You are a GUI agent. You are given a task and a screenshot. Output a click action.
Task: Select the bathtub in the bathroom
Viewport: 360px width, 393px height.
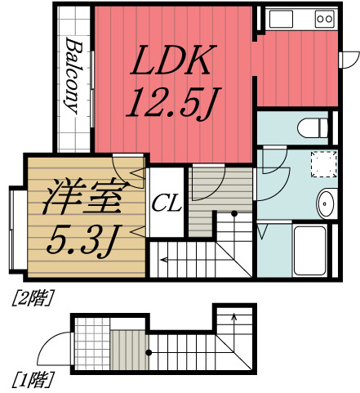click(x=313, y=250)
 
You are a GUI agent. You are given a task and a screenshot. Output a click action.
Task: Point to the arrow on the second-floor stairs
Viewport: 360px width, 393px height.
click(x=166, y=260)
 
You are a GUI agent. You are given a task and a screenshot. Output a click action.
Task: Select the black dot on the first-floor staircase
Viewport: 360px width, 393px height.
click(x=149, y=353)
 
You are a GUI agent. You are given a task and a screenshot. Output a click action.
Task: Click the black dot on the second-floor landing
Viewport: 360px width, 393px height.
click(x=235, y=214)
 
